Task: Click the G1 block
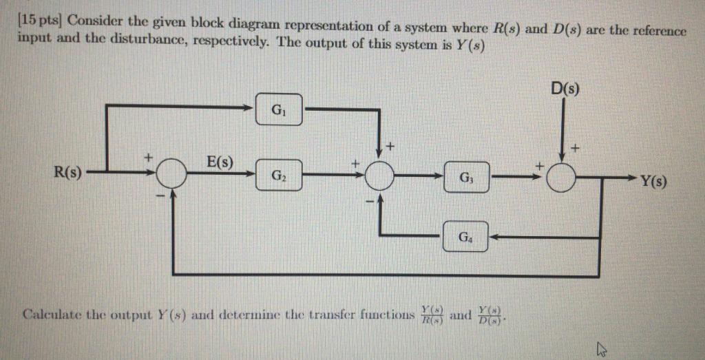(278, 109)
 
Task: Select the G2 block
(278, 176)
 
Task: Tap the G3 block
(466, 177)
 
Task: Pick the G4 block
(466, 237)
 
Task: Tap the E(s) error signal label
(220, 163)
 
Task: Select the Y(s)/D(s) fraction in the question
(494, 315)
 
